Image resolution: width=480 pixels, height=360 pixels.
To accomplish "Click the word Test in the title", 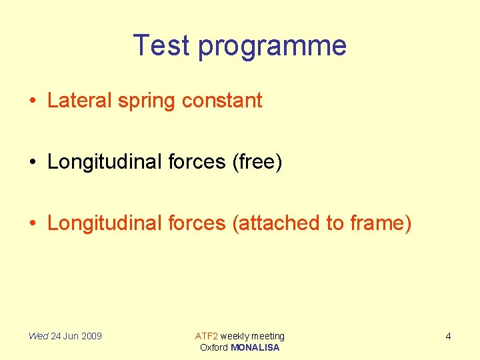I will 162,45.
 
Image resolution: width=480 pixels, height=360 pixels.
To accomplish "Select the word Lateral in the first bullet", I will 79,101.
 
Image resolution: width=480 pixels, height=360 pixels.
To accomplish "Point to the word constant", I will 222,101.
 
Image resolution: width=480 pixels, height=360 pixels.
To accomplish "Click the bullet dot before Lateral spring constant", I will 33,101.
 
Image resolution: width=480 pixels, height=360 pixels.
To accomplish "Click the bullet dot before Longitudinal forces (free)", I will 33,163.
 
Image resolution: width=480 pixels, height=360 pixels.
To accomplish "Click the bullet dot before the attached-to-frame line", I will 33,224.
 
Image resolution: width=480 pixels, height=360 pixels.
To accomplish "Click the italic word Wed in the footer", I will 38,336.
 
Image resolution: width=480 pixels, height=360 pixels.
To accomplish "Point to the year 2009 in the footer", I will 91,336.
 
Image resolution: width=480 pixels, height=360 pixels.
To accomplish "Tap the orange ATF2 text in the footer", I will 206,336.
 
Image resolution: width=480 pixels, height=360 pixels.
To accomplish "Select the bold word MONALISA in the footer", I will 255,347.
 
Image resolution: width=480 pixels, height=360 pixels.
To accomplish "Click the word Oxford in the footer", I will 214,347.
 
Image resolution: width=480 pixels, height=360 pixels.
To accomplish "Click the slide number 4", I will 448,336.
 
